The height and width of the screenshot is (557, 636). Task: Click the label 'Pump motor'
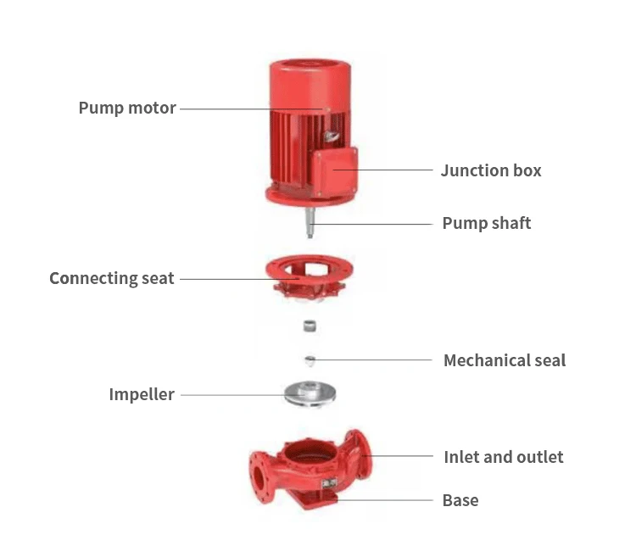127,109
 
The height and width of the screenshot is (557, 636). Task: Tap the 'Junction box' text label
490,170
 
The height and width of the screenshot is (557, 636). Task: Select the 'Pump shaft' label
486,224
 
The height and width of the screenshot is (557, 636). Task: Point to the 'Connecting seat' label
111,278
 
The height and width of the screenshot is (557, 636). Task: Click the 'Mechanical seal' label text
504,360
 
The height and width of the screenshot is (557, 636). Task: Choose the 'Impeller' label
141,394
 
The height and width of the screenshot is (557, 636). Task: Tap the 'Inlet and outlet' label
503,457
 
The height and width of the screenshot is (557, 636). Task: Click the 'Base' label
460,500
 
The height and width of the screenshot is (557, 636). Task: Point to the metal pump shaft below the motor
310,219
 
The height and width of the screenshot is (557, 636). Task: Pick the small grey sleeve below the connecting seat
309,326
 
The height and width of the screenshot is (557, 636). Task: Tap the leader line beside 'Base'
386,500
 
